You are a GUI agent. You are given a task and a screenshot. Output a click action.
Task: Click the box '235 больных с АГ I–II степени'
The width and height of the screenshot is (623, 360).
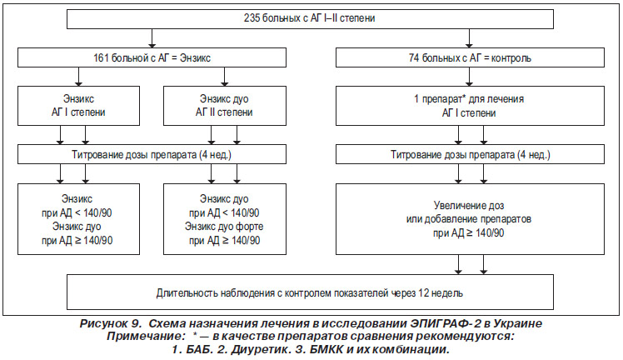[x=310, y=19]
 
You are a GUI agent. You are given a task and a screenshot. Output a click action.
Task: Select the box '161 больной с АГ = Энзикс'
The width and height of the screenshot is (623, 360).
[x=152, y=57]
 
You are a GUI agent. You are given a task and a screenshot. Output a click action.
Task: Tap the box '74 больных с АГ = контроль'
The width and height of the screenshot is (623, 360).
[x=470, y=57]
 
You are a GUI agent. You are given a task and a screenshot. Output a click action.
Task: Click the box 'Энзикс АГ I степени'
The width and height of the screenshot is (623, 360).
[x=78, y=106]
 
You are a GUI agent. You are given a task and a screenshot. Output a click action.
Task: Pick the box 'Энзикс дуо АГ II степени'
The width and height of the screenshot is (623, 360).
[x=225, y=106]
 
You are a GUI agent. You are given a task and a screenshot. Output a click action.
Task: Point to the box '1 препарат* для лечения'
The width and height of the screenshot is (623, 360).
[x=470, y=106]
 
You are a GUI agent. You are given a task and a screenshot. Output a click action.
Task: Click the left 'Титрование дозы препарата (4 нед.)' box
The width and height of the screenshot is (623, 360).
[x=152, y=154]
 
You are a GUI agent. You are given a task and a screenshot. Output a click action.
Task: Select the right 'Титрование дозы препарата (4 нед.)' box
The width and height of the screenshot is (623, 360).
[x=470, y=154]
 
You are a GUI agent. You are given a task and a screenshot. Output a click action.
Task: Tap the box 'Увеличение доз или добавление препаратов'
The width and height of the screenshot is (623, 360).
[x=470, y=219]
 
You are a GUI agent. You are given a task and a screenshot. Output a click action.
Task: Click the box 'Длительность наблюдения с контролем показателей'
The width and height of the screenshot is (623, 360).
[x=310, y=292]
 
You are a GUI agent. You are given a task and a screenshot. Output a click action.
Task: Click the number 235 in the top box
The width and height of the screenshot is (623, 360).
[x=252, y=18]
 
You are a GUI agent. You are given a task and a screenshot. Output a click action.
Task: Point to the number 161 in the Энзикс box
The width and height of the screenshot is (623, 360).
[x=101, y=58]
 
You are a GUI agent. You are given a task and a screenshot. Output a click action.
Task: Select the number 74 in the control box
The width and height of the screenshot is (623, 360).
[x=414, y=58]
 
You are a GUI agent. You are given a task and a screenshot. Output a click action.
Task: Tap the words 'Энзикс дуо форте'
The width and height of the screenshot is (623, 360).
[x=224, y=227]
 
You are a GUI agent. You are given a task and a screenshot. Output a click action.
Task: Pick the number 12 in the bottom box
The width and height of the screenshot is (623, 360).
[x=424, y=293]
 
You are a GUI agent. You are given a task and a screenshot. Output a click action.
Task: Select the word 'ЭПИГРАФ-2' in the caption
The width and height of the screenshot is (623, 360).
[x=437, y=323]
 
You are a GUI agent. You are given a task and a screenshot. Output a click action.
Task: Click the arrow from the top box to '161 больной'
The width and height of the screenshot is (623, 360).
[x=152, y=38]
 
